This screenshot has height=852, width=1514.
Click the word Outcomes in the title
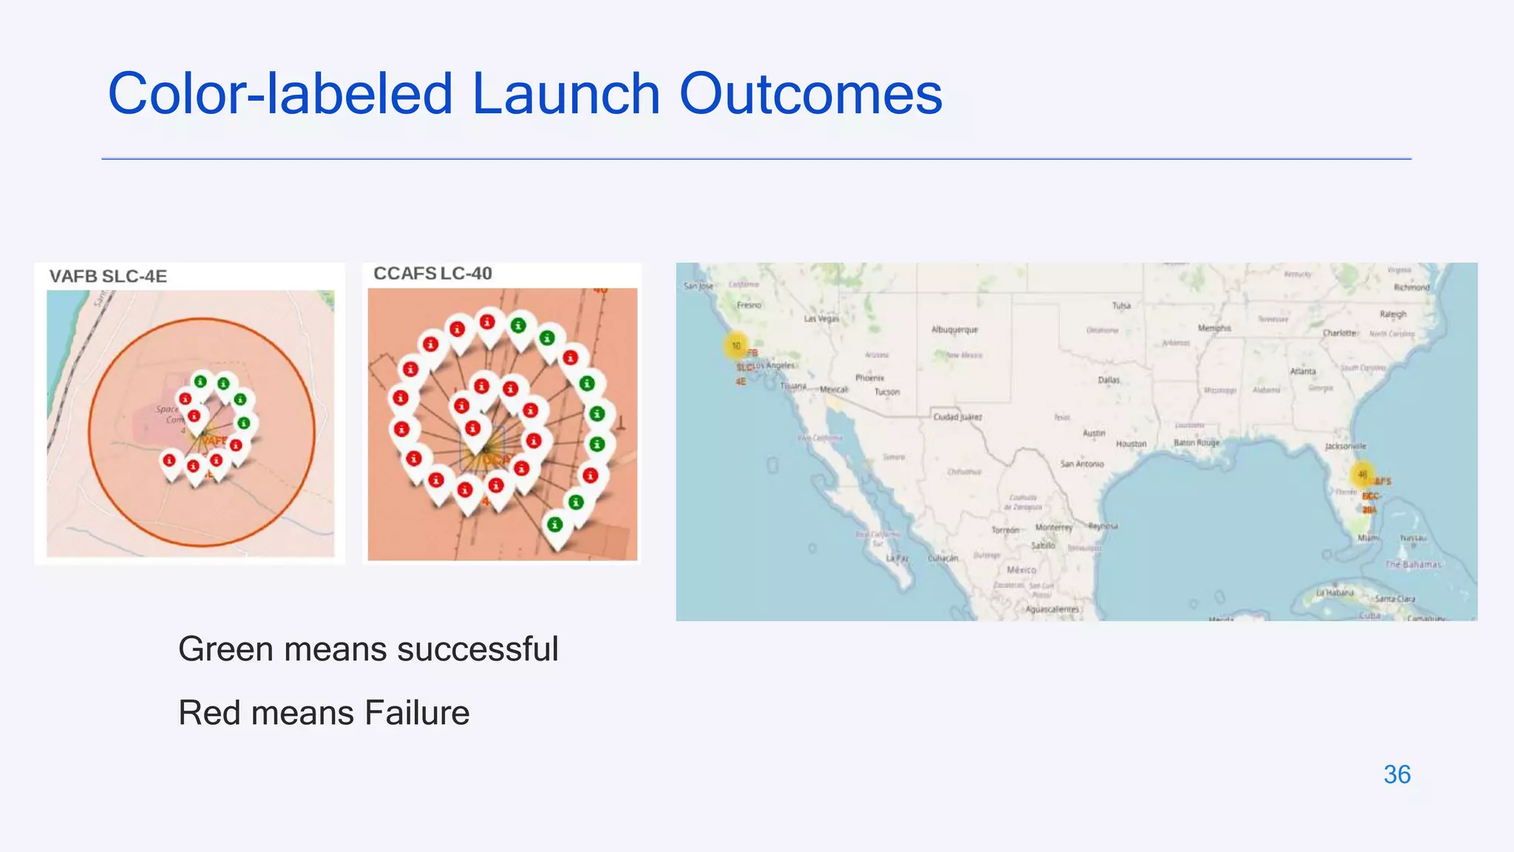click(810, 95)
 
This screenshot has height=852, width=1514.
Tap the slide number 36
click(1396, 774)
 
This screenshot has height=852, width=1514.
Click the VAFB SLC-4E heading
click(108, 277)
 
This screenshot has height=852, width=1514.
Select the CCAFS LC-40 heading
click(432, 274)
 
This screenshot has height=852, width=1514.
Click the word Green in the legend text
click(225, 649)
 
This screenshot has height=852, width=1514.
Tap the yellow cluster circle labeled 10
click(736, 345)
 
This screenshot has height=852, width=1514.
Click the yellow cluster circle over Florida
click(1362, 475)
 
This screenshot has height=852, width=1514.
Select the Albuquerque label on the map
click(954, 330)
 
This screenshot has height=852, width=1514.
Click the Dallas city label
click(1108, 380)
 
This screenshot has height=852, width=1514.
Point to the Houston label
click(1130, 444)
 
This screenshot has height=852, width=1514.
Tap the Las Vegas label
click(821, 319)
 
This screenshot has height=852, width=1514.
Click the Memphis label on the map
click(1214, 328)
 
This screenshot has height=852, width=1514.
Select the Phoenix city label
click(869, 378)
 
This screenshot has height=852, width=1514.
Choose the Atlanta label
click(1303, 371)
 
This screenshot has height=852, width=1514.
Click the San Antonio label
click(1082, 464)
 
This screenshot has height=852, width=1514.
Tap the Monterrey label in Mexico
click(1053, 527)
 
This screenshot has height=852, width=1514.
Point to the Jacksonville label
click(1345, 446)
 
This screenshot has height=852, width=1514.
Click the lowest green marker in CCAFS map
click(554, 525)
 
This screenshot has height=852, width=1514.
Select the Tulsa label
click(1121, 305)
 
